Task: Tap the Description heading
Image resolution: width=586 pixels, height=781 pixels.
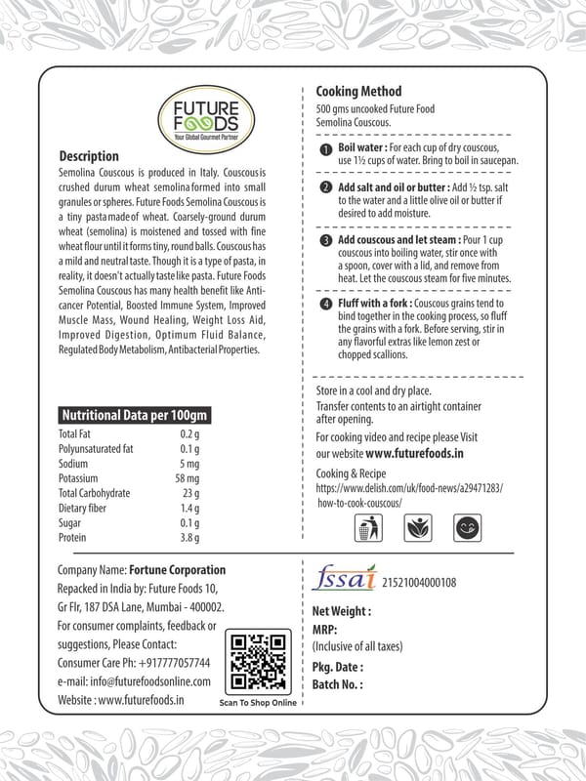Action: point(89,156)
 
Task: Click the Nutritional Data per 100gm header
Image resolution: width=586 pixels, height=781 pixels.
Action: point(134,415)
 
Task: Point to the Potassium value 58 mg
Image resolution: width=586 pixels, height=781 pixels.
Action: point(187,478)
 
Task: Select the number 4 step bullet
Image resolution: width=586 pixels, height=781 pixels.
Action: point(327,306)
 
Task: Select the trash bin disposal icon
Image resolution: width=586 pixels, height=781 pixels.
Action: point(365,528)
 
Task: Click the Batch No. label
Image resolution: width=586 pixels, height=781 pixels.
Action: point(337,685)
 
